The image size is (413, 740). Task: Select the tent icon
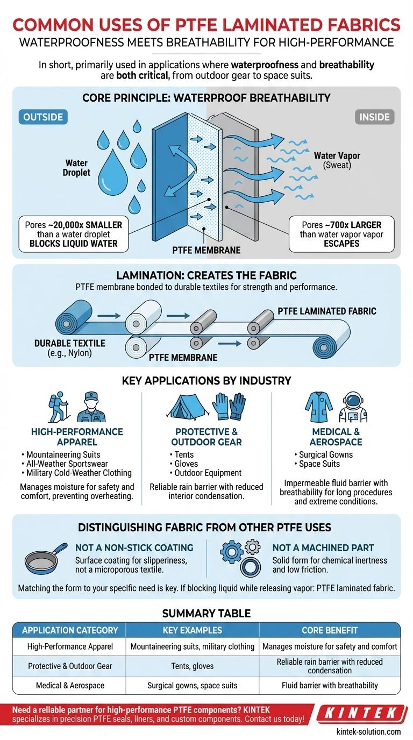186,407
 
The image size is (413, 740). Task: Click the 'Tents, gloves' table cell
192,666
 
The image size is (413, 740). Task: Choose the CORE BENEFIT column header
330,630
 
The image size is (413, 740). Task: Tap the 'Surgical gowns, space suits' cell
192,686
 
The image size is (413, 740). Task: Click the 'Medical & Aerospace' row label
70,686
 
